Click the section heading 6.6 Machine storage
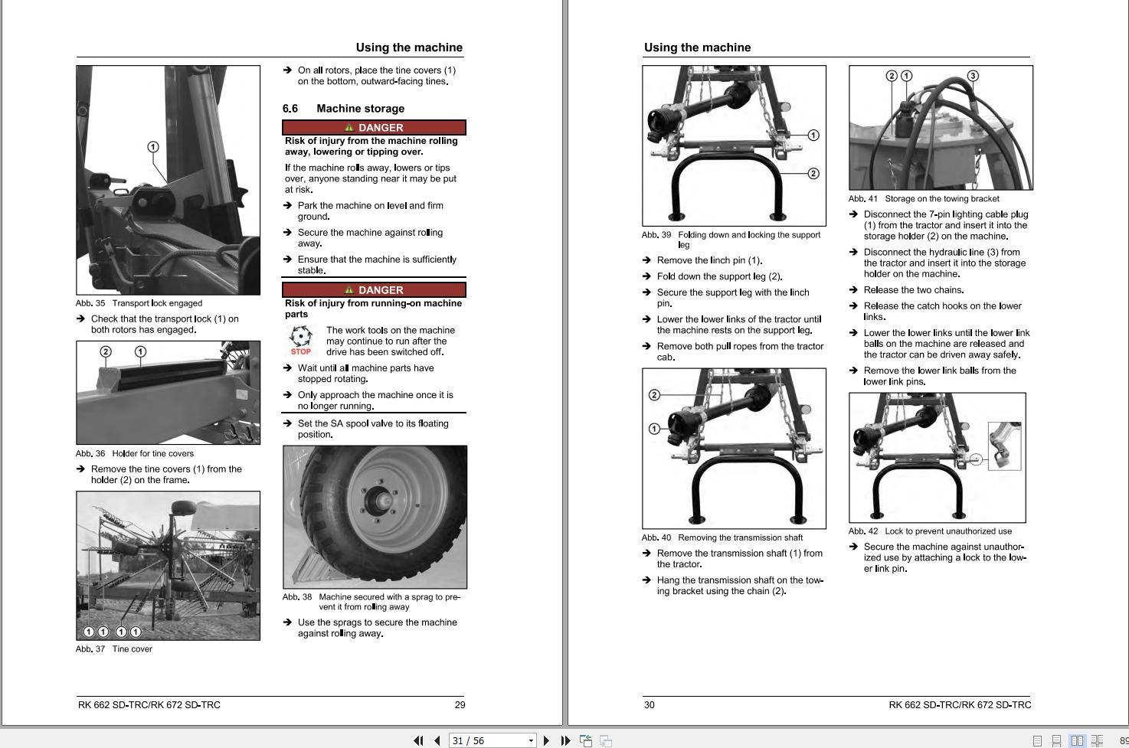[x=343, y=109]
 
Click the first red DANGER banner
[x=374, y=128]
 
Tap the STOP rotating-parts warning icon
[x=301, y=341]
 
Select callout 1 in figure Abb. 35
[x=153, y=147]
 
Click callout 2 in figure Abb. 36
[x=106, y=351]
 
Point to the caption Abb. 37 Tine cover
[x=114, y=649]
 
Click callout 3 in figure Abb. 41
[x=973, y=76]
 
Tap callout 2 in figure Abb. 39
[x=813, y=174]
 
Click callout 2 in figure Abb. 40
[x=654, y=395]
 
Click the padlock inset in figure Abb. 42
[x=1004, y=446]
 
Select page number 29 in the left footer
[x=460, y=705]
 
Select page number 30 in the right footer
[x=650, y=705]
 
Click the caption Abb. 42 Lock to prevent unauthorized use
[x=930, y=531]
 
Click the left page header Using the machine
[x=409, y=47]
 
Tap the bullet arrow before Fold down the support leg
[x=646, y=276]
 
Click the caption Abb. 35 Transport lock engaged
[x=139, y=303]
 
